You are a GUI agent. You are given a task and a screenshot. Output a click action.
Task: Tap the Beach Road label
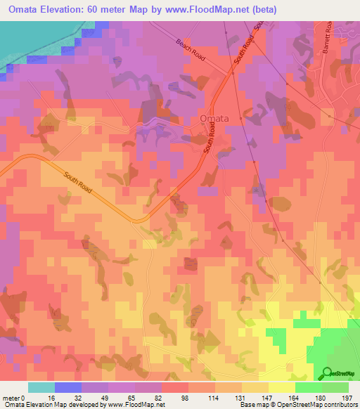(x=191, y=51)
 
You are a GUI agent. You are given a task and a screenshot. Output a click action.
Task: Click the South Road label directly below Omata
(x=209, y=145)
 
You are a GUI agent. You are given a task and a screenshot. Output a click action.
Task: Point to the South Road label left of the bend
(x=77, y=185)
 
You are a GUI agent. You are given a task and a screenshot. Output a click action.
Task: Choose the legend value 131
(x=241, y=397)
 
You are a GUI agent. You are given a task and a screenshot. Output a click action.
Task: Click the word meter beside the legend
(x=11, y=397)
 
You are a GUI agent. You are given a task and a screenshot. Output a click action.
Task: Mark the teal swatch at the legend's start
(x=41, y=387)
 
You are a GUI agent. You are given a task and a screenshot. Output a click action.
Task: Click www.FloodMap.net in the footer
(x=133, y=405)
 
